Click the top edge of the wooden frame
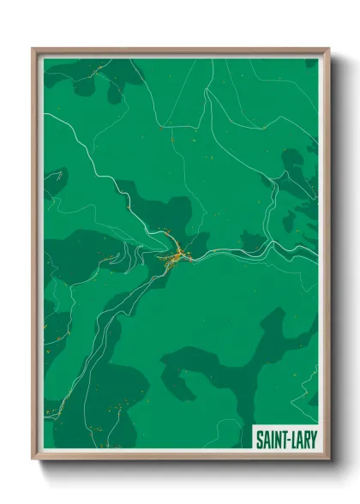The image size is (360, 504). click(180, 51)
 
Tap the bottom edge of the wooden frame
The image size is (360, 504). click(180, 458)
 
